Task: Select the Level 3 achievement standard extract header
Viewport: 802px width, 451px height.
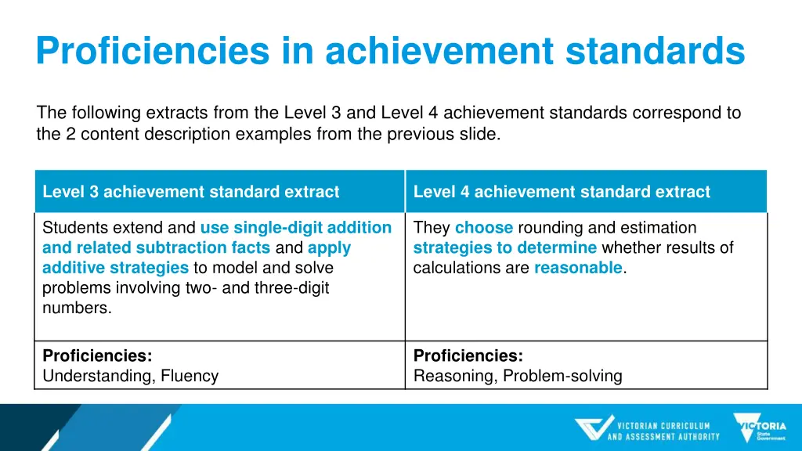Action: pos(191,192)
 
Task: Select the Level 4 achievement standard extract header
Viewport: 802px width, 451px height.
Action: pos(562,192)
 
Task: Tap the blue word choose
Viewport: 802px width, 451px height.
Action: pos(483,228)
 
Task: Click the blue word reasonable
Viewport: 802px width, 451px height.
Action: pos(578,268)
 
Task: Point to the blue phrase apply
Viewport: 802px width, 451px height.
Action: pos(329,248)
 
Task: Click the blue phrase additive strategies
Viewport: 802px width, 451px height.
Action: pos(115,268)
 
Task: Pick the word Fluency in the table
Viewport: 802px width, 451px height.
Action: pos(190,376)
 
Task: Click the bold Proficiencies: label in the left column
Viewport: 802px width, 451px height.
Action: pos(97,355)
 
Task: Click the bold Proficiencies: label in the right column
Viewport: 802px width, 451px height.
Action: pos(468,355)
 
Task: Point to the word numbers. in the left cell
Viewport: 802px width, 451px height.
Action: pos(77,308)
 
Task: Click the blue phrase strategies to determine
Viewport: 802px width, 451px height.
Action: pos(505,248)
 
